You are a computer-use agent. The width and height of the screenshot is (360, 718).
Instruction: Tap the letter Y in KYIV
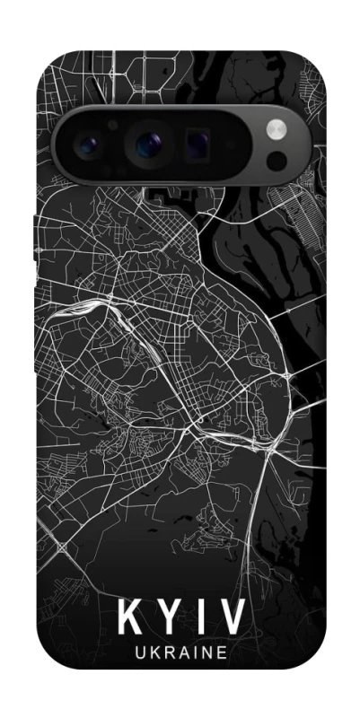(x=167, y=620)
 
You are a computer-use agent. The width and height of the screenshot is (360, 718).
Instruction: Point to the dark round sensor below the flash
(x=277, y=160)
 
